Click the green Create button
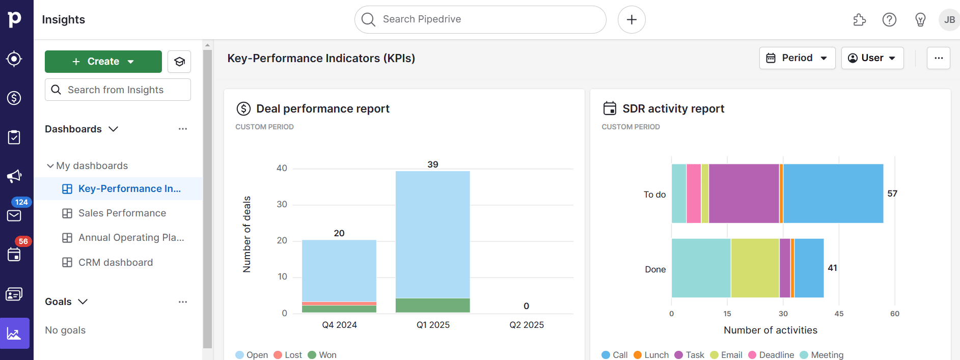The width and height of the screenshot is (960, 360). (x=103, y=62)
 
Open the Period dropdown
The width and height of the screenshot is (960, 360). (x=797, y=58)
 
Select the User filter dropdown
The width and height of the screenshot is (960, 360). (x=872, y=58)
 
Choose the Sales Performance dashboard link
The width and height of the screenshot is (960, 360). (x=122, y=213)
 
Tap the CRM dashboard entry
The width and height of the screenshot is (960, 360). (x=115, y=263)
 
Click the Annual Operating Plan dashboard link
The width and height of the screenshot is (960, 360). (x=131, y=238)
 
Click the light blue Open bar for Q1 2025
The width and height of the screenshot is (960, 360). (x=432, y=234)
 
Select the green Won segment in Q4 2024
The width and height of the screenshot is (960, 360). (x=339, y=309)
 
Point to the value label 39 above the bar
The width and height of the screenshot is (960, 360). (x=432, y=164)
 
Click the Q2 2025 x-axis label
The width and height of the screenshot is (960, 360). (x=526, y=325)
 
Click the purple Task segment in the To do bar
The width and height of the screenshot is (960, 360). (x=744, y=193)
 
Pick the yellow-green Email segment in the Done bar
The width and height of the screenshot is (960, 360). (x=755, y=268)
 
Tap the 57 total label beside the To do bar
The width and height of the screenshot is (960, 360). (x=892, y=193)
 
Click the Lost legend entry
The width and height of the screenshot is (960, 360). (x=288, y=355)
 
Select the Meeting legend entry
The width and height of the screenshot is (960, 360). (x=821, y=355)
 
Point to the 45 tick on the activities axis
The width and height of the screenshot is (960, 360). (x=839, y=314)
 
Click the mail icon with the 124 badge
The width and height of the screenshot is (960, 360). (x=14, y=215)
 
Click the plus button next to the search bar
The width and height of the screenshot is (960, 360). (x=631, y=19)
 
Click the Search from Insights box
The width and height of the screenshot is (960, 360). (x=118, y=90)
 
